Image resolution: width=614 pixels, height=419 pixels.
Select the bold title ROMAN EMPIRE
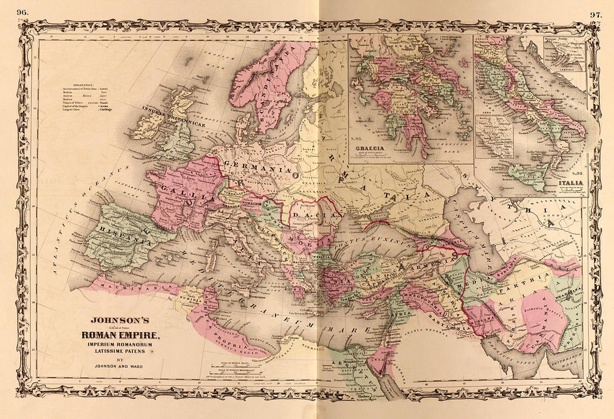[121, 335]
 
